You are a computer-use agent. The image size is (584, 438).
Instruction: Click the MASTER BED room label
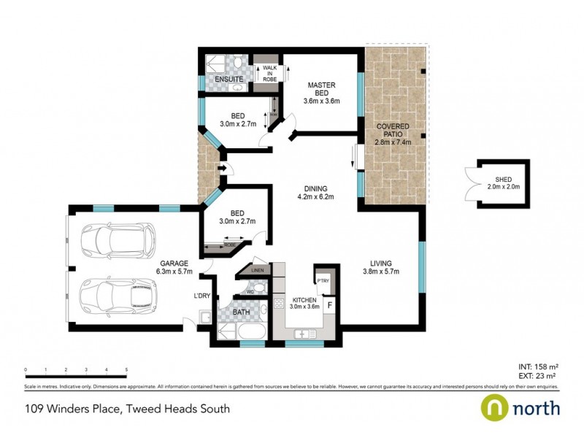click(320, 90)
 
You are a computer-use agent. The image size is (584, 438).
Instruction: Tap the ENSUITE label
click(218, 78)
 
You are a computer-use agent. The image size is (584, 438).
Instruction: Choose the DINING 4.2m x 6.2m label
click(315, 191)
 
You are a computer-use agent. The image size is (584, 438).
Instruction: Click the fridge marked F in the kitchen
click(330, 304)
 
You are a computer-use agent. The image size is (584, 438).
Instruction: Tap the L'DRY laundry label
click(201, 296)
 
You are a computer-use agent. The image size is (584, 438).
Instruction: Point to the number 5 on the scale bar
click(127, 370)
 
